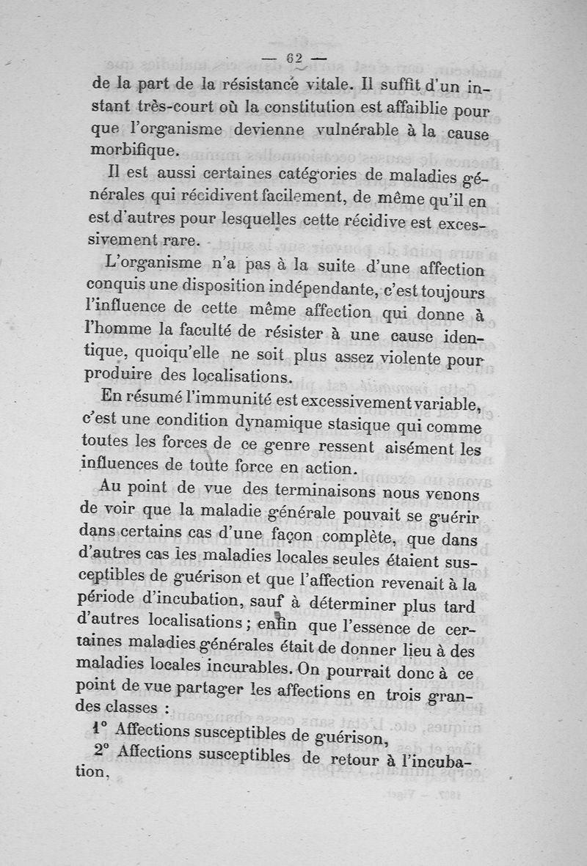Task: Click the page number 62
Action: [294, 59]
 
